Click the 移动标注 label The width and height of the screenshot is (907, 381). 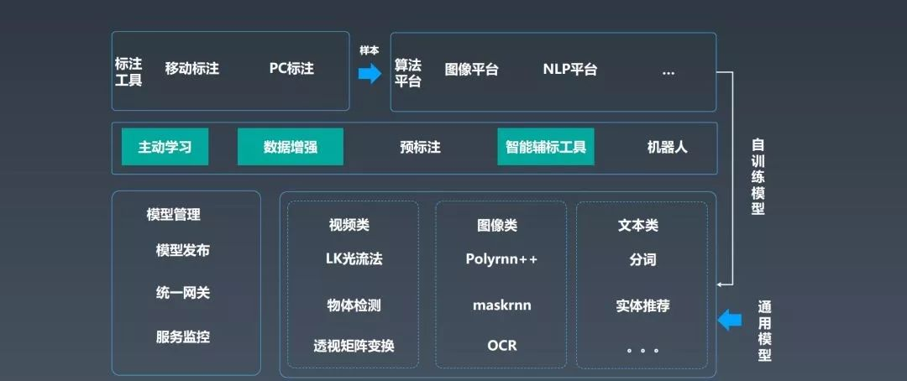coord(191,69)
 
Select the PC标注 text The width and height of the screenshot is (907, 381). coord(291,69)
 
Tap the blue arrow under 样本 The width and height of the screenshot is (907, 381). coord(370,74)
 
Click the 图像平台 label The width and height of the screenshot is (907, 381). coord(471,70)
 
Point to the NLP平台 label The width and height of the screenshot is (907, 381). coord(569,70)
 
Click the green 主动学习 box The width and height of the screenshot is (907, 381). coord(165,147)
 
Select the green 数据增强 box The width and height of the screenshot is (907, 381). coord(291,147)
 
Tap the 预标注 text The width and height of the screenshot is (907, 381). coord(420,148)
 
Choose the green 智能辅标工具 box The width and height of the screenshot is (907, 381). coord(546,147)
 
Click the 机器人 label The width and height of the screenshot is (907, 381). coord(667,148)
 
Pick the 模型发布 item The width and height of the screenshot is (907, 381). coord(182,250)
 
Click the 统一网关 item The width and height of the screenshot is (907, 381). coord(182,293)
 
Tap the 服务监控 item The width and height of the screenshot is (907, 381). coord(182,337)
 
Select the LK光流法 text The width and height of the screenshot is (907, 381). coord(354,259)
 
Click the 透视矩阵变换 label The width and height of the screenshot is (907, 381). coord(354,346)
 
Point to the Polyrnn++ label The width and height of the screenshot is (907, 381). coord(501,259)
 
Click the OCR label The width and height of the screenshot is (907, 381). coord(501,346)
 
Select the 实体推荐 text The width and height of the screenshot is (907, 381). coord(642,305)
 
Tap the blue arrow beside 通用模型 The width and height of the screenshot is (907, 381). coord(731,319)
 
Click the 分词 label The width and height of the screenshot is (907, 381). coord(642,259)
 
